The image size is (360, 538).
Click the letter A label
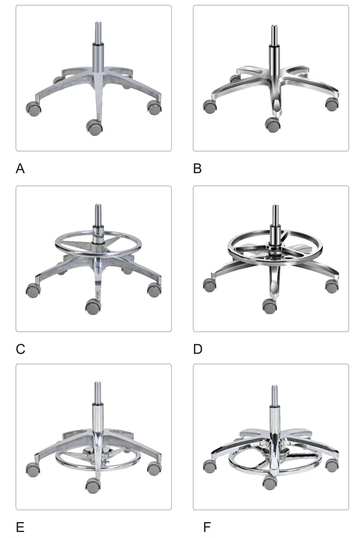coord(20,169)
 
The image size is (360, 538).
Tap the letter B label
coord(197,169)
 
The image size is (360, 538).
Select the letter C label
coord(20,349)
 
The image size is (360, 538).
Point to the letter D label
coord(198,349)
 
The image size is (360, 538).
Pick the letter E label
coord(20,527)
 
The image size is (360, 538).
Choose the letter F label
coord(207,527)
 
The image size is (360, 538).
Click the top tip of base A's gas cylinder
coord(97,23)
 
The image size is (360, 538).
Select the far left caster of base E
coord(33,469)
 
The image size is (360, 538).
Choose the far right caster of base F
coord(332,466)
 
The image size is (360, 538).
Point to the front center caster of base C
coord(93,307)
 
